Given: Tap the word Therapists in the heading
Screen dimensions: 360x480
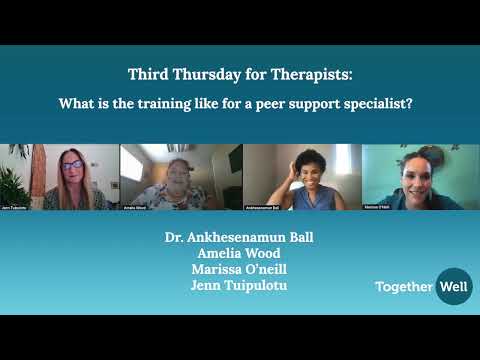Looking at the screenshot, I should point(310,74).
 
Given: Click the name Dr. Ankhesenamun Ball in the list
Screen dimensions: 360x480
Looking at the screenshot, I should point(239,239).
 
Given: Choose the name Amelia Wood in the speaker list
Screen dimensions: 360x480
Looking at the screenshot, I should point(239,254).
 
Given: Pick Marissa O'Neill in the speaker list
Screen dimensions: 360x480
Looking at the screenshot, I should point(239,269).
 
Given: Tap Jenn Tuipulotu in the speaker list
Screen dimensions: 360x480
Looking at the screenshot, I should point(239,284).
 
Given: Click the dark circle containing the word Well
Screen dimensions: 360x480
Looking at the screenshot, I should point(453,287).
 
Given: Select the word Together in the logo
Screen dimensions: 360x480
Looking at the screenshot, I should point(404,287).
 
